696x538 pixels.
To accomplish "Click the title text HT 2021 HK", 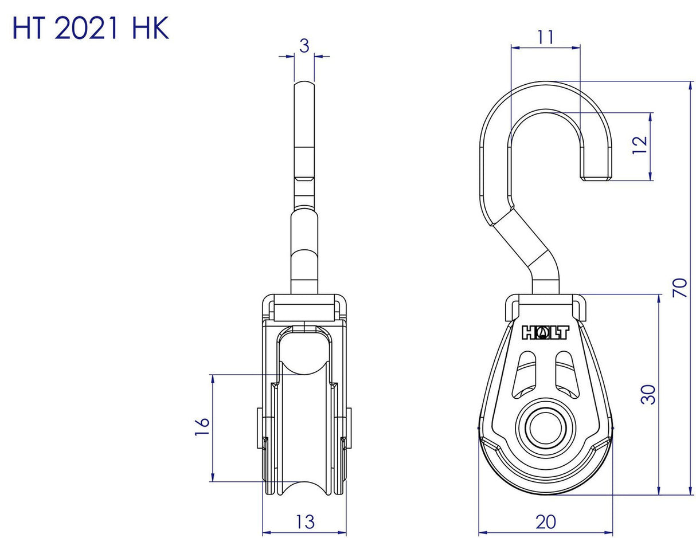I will pyautogui.click(x=91, y=28).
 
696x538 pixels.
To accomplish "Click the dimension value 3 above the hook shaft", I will pyautogui.click(x=304, y=46).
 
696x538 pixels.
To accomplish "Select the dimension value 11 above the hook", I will pyautogui.click(x=545, y=37).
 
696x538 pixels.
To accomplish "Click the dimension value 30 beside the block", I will pyautogui.click(x=648, y=394).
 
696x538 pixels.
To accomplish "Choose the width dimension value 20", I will pyautogui.click(x=545, y=522).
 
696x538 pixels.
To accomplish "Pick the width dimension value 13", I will pyautogui.click(x=304, y=522).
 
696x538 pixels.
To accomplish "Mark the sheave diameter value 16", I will pyautogui.click(x=202, y=428).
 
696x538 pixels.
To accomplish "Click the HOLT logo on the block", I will pyautogui.click(x=545, y=333).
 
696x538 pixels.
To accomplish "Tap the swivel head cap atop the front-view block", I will pyautogui.click(x=304, y=308).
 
